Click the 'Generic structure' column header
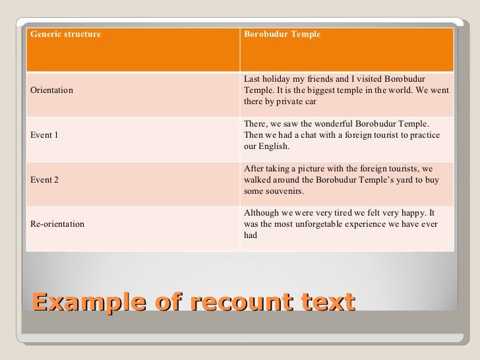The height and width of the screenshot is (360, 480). (x=66, y=34)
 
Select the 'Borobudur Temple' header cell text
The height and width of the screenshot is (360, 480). (x=282, y=34)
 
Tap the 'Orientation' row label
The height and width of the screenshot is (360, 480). (x=52, y=90)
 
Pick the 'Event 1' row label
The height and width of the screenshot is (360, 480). (x=45, y=135)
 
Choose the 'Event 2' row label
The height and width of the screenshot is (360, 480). (x=45, y=179)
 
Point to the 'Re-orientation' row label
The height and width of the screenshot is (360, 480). (x=57, y=224)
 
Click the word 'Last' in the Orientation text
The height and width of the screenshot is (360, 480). (x=252, y=79)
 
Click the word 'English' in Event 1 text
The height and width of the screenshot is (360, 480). (x=275, y=146)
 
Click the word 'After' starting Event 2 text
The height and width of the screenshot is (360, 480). (x=254, y=169)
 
